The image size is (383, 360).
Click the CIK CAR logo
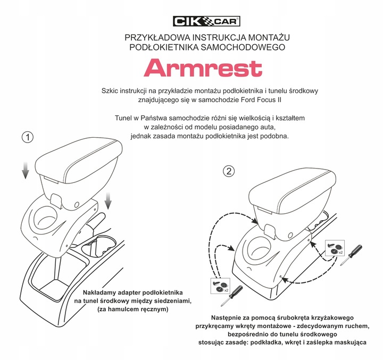[207, 21]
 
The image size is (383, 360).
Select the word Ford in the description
[281, 101]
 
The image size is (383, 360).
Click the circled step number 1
[27, 137]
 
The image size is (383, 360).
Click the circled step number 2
[229, 171]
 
